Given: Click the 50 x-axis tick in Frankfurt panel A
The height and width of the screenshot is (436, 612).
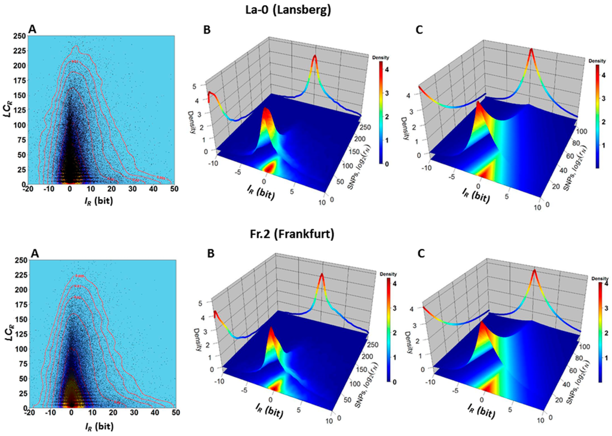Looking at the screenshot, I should click(x=175, y=413).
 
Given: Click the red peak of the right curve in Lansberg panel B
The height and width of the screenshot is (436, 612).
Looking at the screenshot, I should click(x=315, y=57).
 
